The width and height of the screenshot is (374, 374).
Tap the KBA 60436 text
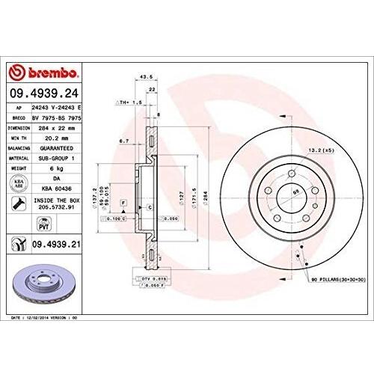pyautogui.click(x=58, y=190)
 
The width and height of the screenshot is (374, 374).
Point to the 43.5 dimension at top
pyautogui.click(x=147, y=76)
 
